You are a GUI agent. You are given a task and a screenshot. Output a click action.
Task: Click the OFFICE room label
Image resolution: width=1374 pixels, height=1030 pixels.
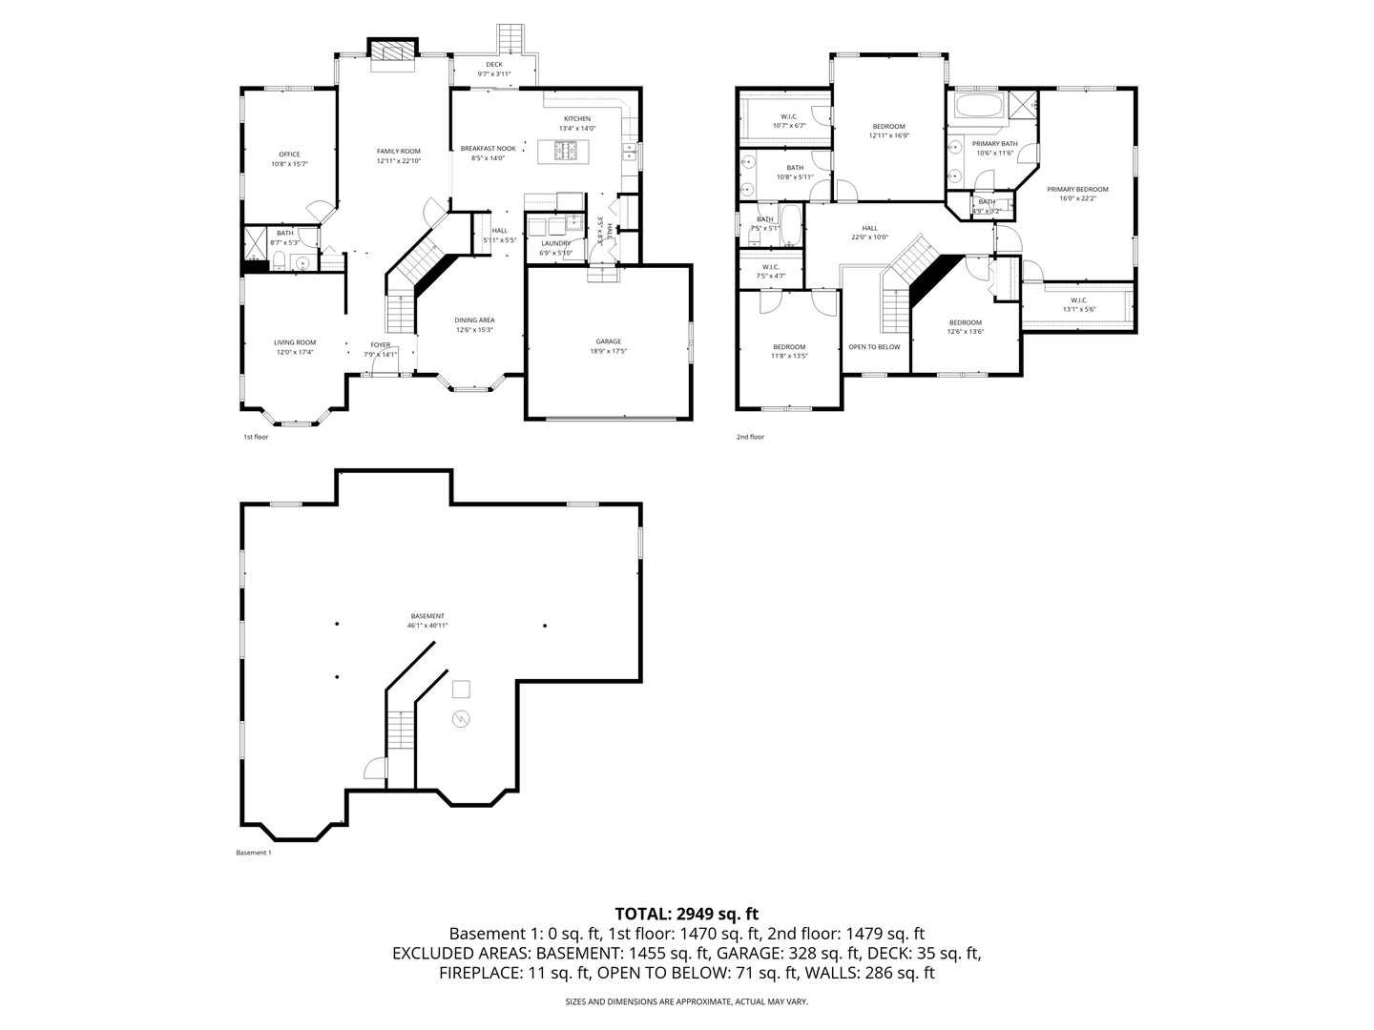point(289,154)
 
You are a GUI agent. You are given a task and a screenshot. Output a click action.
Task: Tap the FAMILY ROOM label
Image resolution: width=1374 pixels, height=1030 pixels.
point(398,151)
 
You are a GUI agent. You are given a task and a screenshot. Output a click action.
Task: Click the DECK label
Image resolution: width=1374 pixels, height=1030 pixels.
point(493,65)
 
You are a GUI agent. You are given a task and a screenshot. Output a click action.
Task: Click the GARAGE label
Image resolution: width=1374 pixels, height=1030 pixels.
point(608,341)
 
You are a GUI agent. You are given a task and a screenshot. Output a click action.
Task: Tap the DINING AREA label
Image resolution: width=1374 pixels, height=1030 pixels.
point(474,320)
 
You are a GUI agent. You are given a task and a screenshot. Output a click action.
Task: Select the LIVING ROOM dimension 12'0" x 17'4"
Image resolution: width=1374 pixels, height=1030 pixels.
point(295,352)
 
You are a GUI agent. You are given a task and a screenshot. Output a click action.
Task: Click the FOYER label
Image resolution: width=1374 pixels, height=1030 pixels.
point(381,345)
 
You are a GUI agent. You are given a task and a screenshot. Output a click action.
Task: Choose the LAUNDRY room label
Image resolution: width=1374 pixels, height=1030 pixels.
point(555,243)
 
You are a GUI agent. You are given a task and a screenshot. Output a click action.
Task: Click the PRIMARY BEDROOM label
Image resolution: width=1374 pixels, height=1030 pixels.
point(1077,189)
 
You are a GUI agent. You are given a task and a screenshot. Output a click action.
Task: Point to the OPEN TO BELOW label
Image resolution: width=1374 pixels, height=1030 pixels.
point(874,346)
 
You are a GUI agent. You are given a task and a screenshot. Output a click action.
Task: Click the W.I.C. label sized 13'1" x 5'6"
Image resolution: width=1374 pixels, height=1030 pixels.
point(1078,299)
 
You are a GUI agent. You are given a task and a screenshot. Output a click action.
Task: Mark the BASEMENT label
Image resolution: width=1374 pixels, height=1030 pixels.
point(427,616)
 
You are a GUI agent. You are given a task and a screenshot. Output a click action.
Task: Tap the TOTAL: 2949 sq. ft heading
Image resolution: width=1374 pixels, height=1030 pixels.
point(686,914)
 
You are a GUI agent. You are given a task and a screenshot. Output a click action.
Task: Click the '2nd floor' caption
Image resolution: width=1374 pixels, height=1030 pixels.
point(750,437)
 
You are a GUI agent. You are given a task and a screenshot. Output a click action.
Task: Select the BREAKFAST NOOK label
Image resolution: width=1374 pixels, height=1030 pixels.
point(488,149)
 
